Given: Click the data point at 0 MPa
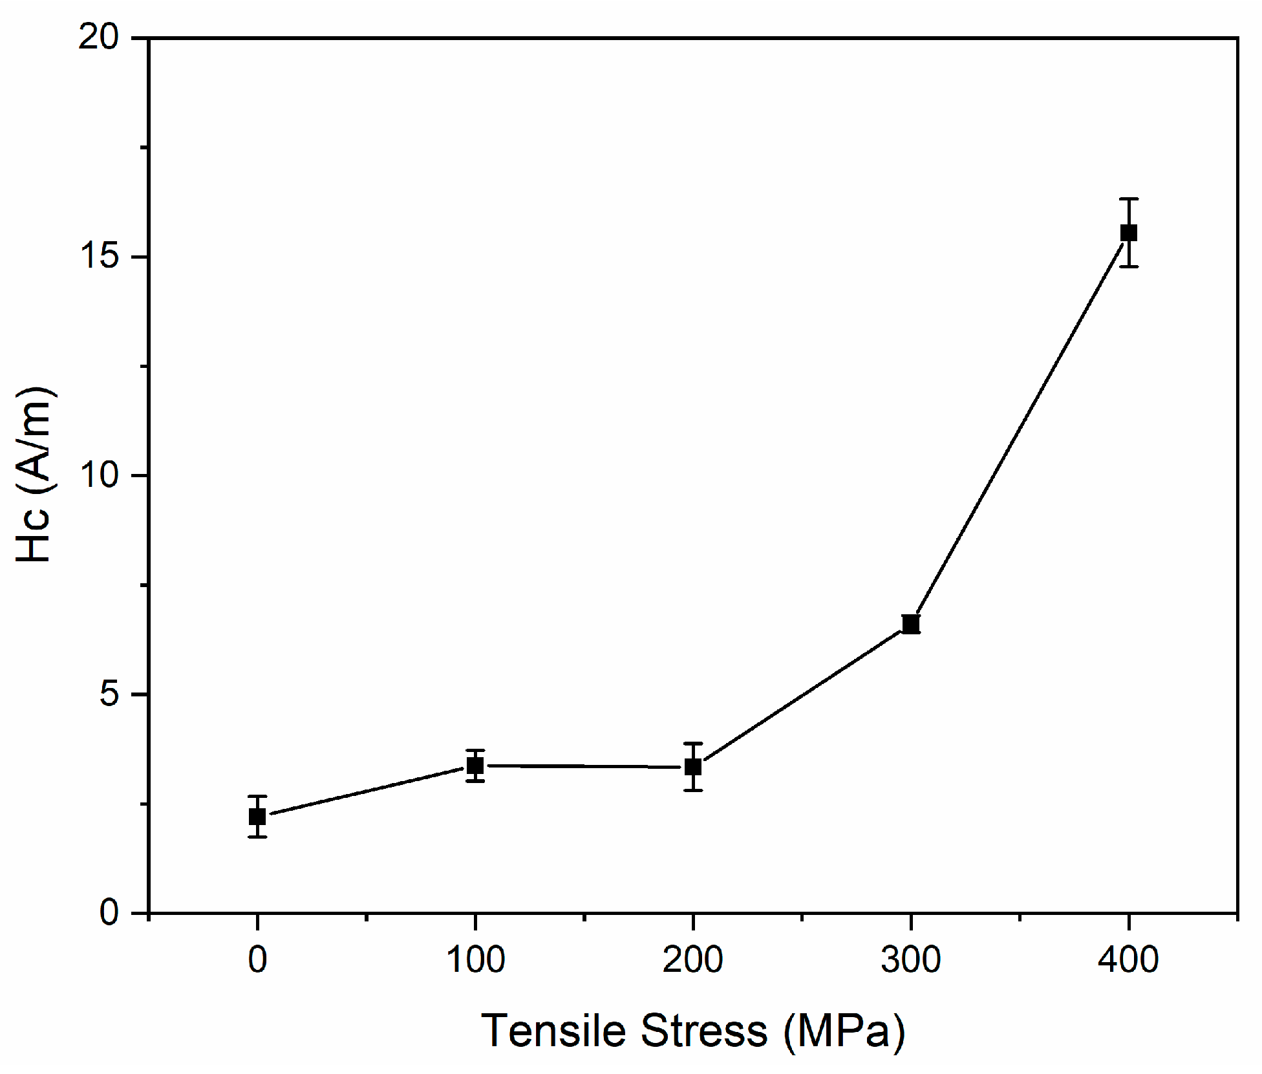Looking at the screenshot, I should coord(257,817).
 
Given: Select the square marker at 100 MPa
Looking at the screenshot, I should coord(475,766).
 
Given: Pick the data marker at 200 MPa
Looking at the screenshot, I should coord(693,767).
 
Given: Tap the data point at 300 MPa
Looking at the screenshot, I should coord(911,624).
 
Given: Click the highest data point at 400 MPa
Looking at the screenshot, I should coord(1129,233).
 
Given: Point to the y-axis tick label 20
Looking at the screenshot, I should coord(99,38).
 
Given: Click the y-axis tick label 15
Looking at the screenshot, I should coord(99,257).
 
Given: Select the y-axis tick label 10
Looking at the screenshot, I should coord(99,475).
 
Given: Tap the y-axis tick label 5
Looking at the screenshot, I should coord(110,694).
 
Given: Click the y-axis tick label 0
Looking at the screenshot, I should coord(110,912).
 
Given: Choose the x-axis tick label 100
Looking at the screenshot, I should coord(475,960).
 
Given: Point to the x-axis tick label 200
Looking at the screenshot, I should coord(693,960).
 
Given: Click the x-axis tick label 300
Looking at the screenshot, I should coord(911,960).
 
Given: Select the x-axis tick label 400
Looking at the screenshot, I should coord(1129,960).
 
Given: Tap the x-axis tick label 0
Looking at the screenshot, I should coord(257,960).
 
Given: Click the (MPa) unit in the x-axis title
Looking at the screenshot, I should coord(844,1032).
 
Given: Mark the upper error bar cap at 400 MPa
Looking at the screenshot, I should coord(1129,199).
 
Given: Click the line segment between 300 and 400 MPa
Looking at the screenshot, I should coord(1020,429).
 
